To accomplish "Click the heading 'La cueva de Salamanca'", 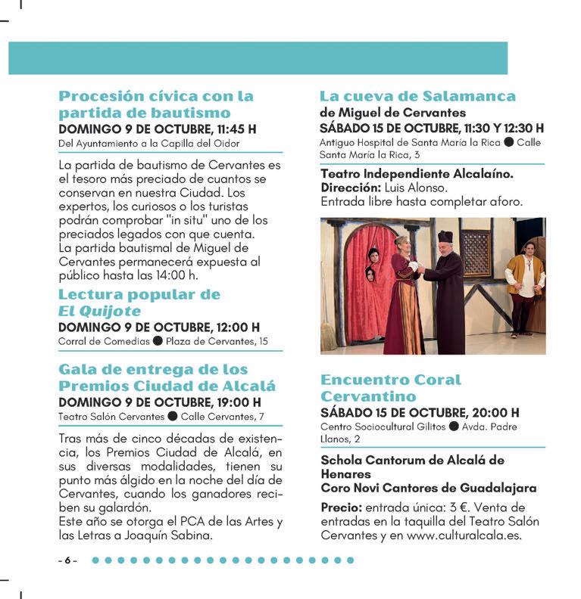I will point(417,97).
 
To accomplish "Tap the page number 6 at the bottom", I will point(67,561).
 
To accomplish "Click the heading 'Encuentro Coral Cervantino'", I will point(390,388).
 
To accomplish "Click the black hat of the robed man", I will point(445,237).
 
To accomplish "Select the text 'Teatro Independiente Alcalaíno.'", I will point(417,174).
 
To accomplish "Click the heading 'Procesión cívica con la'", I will point(156,97).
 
